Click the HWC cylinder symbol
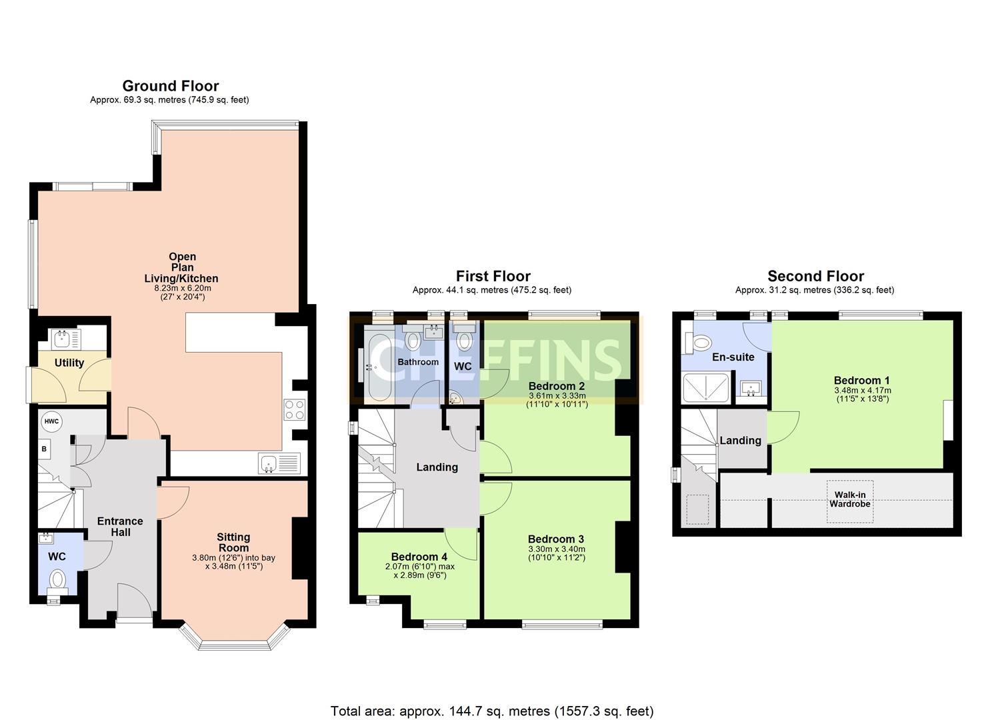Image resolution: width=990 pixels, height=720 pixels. (51, 421)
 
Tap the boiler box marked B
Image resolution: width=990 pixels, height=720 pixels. (44, 449)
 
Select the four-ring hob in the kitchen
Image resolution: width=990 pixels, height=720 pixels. (294, 410)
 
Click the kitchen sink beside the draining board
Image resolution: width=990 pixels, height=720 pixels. (268, 463)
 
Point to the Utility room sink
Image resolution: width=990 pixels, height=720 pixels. (62, 339)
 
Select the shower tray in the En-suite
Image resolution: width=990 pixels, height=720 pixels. (706, 387)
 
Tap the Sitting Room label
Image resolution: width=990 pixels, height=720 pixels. (233, 542)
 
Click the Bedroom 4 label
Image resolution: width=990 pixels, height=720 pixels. (419, 557)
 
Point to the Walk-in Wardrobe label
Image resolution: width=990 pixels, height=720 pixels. (849, 499)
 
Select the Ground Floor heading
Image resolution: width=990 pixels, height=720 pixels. (171, 86)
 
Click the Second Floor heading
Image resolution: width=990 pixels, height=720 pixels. (815, 276)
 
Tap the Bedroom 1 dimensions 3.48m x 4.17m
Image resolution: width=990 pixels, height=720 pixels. (862, 391)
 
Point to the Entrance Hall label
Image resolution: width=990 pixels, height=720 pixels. (120, 527)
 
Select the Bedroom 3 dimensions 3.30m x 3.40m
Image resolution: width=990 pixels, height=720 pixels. (557, 549)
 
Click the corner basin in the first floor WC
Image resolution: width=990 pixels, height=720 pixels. (455, 398)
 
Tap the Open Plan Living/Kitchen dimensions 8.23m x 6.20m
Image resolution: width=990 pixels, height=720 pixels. (183, 288)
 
